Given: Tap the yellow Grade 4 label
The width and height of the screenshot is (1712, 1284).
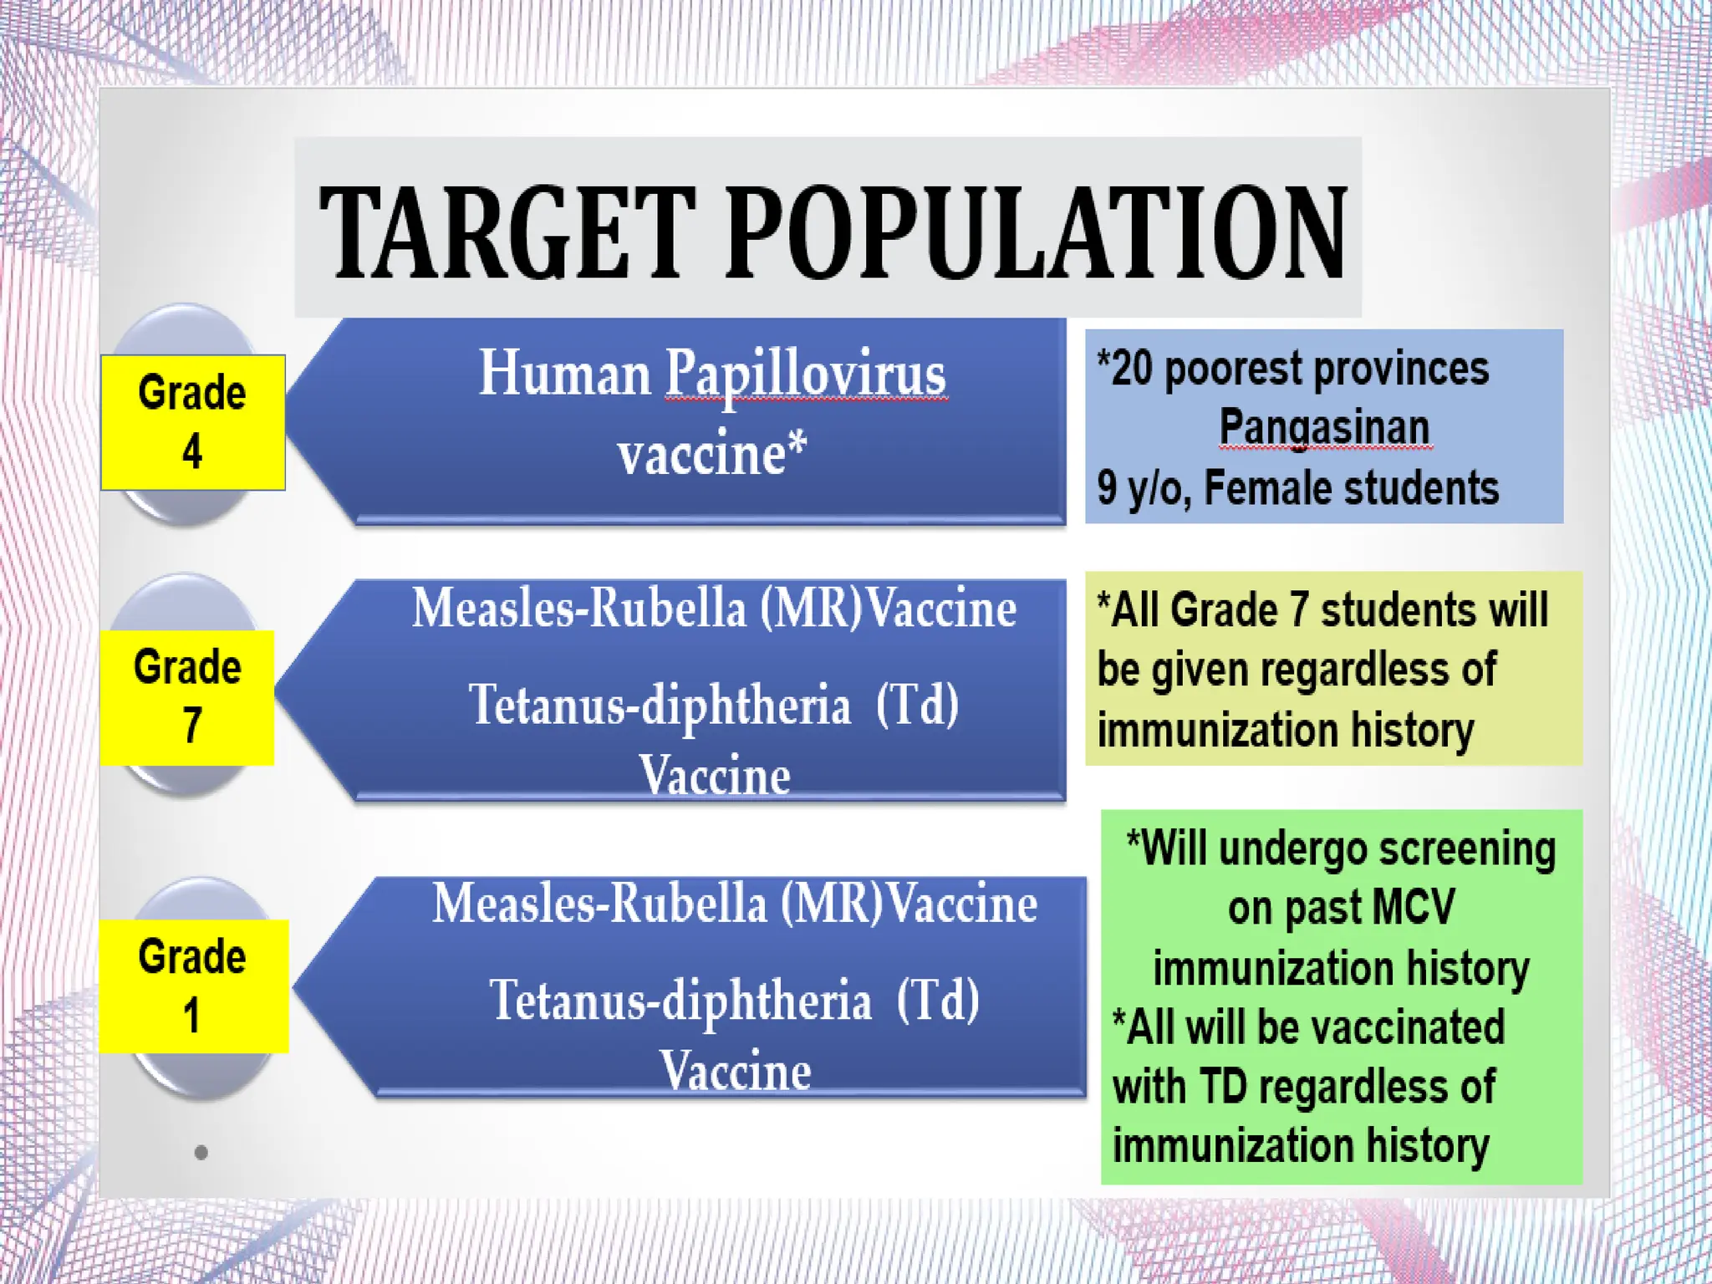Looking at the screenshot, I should coord(192,422).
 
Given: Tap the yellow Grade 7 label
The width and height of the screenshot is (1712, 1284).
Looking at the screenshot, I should coord(187,697).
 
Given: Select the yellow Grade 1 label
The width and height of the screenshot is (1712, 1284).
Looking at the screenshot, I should coord(193,986).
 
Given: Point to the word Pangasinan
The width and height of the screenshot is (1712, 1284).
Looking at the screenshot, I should coord(1324,427).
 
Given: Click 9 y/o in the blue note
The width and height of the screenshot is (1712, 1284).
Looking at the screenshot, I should coord(1142,488).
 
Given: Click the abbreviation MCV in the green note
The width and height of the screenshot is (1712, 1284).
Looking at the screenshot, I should coord(1412,908).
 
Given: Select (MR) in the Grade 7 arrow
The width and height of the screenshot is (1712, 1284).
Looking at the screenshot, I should coord(810,608).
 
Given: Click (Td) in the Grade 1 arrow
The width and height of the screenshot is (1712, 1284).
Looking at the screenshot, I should coord(937,1000).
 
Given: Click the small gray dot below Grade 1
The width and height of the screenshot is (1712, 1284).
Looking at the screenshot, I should coord(201,1153).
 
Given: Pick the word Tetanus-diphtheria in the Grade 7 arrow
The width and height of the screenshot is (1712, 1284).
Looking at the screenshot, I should coord(660,704).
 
